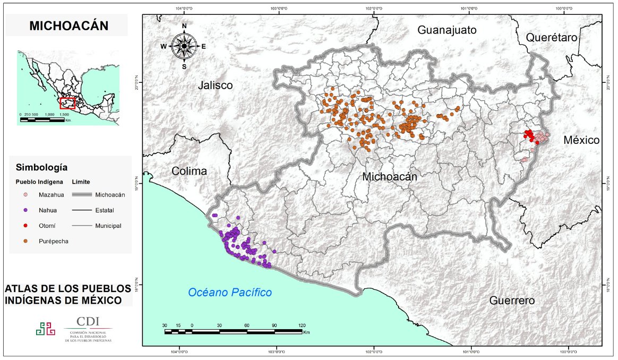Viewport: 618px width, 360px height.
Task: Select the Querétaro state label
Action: click(551, 38)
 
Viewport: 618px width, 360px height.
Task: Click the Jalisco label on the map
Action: click(215, 85)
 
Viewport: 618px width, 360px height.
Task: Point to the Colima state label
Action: click(188, 172)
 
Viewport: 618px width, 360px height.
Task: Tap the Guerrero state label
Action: click(512, 301)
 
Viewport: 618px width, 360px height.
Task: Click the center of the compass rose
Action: click(184, 46)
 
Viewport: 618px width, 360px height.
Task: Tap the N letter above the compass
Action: click(184, 26)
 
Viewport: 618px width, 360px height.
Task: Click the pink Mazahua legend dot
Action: click(25, 195)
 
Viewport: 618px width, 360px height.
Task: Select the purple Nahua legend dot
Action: click(25, 210)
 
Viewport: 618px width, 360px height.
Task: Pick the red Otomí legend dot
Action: click(25, 226)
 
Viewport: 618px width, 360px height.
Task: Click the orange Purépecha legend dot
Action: click(25, 241)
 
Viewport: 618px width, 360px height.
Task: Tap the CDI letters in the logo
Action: click(87, 322)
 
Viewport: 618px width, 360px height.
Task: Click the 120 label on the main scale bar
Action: click(302, 325)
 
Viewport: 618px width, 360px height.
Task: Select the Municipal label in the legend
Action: click(108, 226)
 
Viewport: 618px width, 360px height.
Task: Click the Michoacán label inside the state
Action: click(389, 177)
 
